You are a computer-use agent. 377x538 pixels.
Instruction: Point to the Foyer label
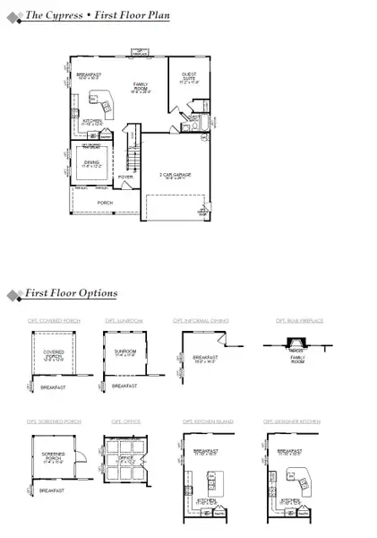pos(124,177)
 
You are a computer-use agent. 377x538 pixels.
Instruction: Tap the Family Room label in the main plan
pos(141,87)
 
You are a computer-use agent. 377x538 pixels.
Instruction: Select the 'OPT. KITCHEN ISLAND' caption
pos(202,421)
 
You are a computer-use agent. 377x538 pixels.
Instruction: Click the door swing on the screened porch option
pos(78,457)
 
